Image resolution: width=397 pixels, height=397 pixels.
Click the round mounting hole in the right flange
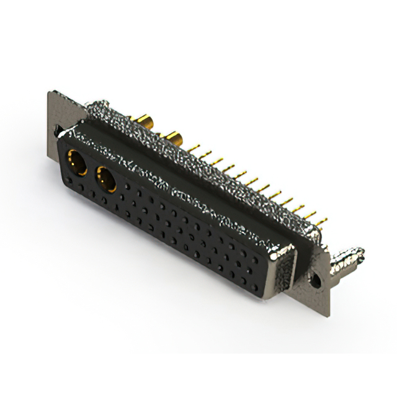[316, 280]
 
